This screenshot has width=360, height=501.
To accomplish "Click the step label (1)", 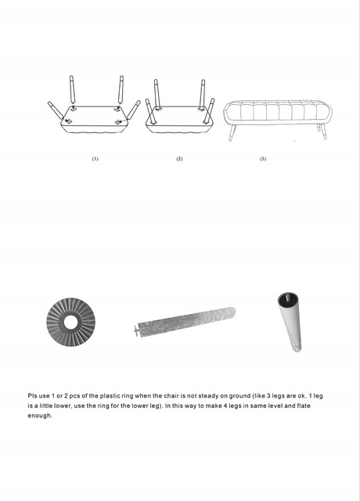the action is (x=95, y=159).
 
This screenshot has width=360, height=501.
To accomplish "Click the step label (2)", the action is (x=179, y=159).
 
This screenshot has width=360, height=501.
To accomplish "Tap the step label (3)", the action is (x=263, y=159).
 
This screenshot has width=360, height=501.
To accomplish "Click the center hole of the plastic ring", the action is (x=71, y=323).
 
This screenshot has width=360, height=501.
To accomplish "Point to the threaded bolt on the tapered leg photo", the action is (x=289, y=296).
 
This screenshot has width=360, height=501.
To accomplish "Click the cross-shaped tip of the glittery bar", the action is (x=137, y=330).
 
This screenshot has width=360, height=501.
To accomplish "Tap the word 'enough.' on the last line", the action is (x=40, y=416).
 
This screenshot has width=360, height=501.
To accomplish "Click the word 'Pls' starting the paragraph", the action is (x=32, y=396).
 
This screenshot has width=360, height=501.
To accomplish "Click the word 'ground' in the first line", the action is (x=239, y=396).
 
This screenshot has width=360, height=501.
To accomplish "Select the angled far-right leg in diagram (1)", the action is (x=134, y=110).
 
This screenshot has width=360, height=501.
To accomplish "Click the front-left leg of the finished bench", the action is (x=232, y=132).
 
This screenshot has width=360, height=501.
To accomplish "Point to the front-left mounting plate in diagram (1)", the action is (x=68, y=121).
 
